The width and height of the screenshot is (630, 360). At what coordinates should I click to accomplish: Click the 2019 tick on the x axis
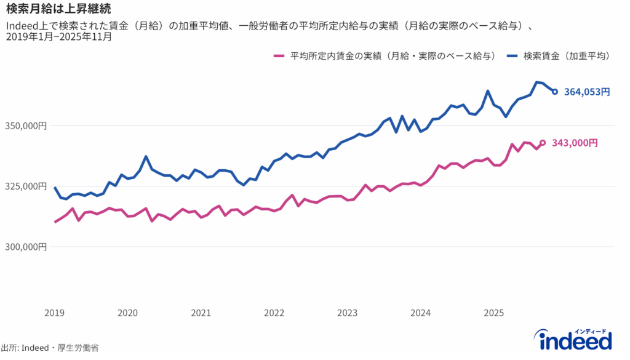54,313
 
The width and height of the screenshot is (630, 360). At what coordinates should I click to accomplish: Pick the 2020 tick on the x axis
127,313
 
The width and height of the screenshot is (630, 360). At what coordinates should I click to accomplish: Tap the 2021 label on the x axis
201,313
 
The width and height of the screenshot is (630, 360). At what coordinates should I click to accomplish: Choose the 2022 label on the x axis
274,313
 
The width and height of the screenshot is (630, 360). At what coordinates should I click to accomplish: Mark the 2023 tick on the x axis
347,313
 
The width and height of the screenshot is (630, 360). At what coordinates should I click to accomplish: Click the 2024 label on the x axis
420,313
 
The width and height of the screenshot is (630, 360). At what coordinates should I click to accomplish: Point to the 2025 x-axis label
493,313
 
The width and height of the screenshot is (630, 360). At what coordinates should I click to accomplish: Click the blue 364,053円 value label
587,92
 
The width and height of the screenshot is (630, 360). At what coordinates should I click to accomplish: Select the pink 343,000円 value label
575,143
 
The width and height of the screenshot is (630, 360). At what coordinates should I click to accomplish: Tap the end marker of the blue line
555,92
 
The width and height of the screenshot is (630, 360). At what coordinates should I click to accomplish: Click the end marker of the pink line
543,143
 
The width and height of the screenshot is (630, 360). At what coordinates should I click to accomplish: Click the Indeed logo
575,339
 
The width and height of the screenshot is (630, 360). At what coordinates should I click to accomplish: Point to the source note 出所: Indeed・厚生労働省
50,348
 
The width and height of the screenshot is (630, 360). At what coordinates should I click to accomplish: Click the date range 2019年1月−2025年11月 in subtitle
59,37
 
